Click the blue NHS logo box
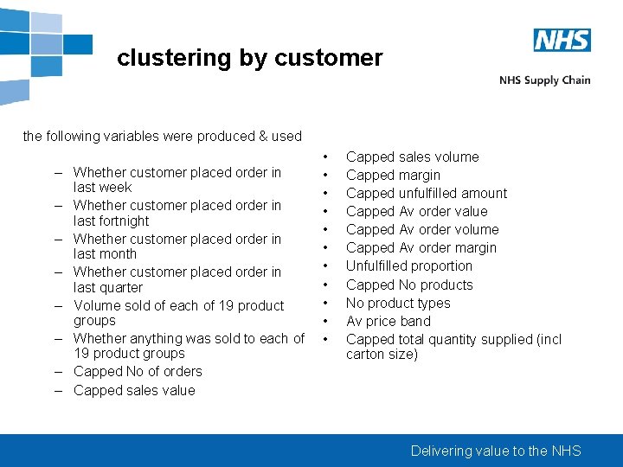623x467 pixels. pos(562,40)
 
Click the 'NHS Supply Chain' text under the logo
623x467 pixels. pos(544,80)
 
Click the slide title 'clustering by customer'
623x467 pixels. pos(249,58)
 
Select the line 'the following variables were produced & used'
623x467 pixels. pos(163,136)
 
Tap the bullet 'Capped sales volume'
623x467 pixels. pos(412,157)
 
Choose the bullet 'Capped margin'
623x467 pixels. pos(393,175)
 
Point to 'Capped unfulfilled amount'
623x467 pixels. pos(427,193)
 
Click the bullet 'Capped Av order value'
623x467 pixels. pos(416,211)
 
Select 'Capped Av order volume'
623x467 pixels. pos(422,229)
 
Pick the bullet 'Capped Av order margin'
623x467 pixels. pos(421,247)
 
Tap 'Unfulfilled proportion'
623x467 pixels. pos(409,265)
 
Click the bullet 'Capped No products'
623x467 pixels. pos(409,285)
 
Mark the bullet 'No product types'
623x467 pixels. pos(398,303)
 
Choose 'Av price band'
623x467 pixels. pos(389,321)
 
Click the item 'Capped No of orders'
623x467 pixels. pos(138,371)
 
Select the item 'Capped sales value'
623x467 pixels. pos(134,390)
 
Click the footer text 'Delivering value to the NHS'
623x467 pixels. pos(496,451)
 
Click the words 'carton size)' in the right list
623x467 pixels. pos(382,354)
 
